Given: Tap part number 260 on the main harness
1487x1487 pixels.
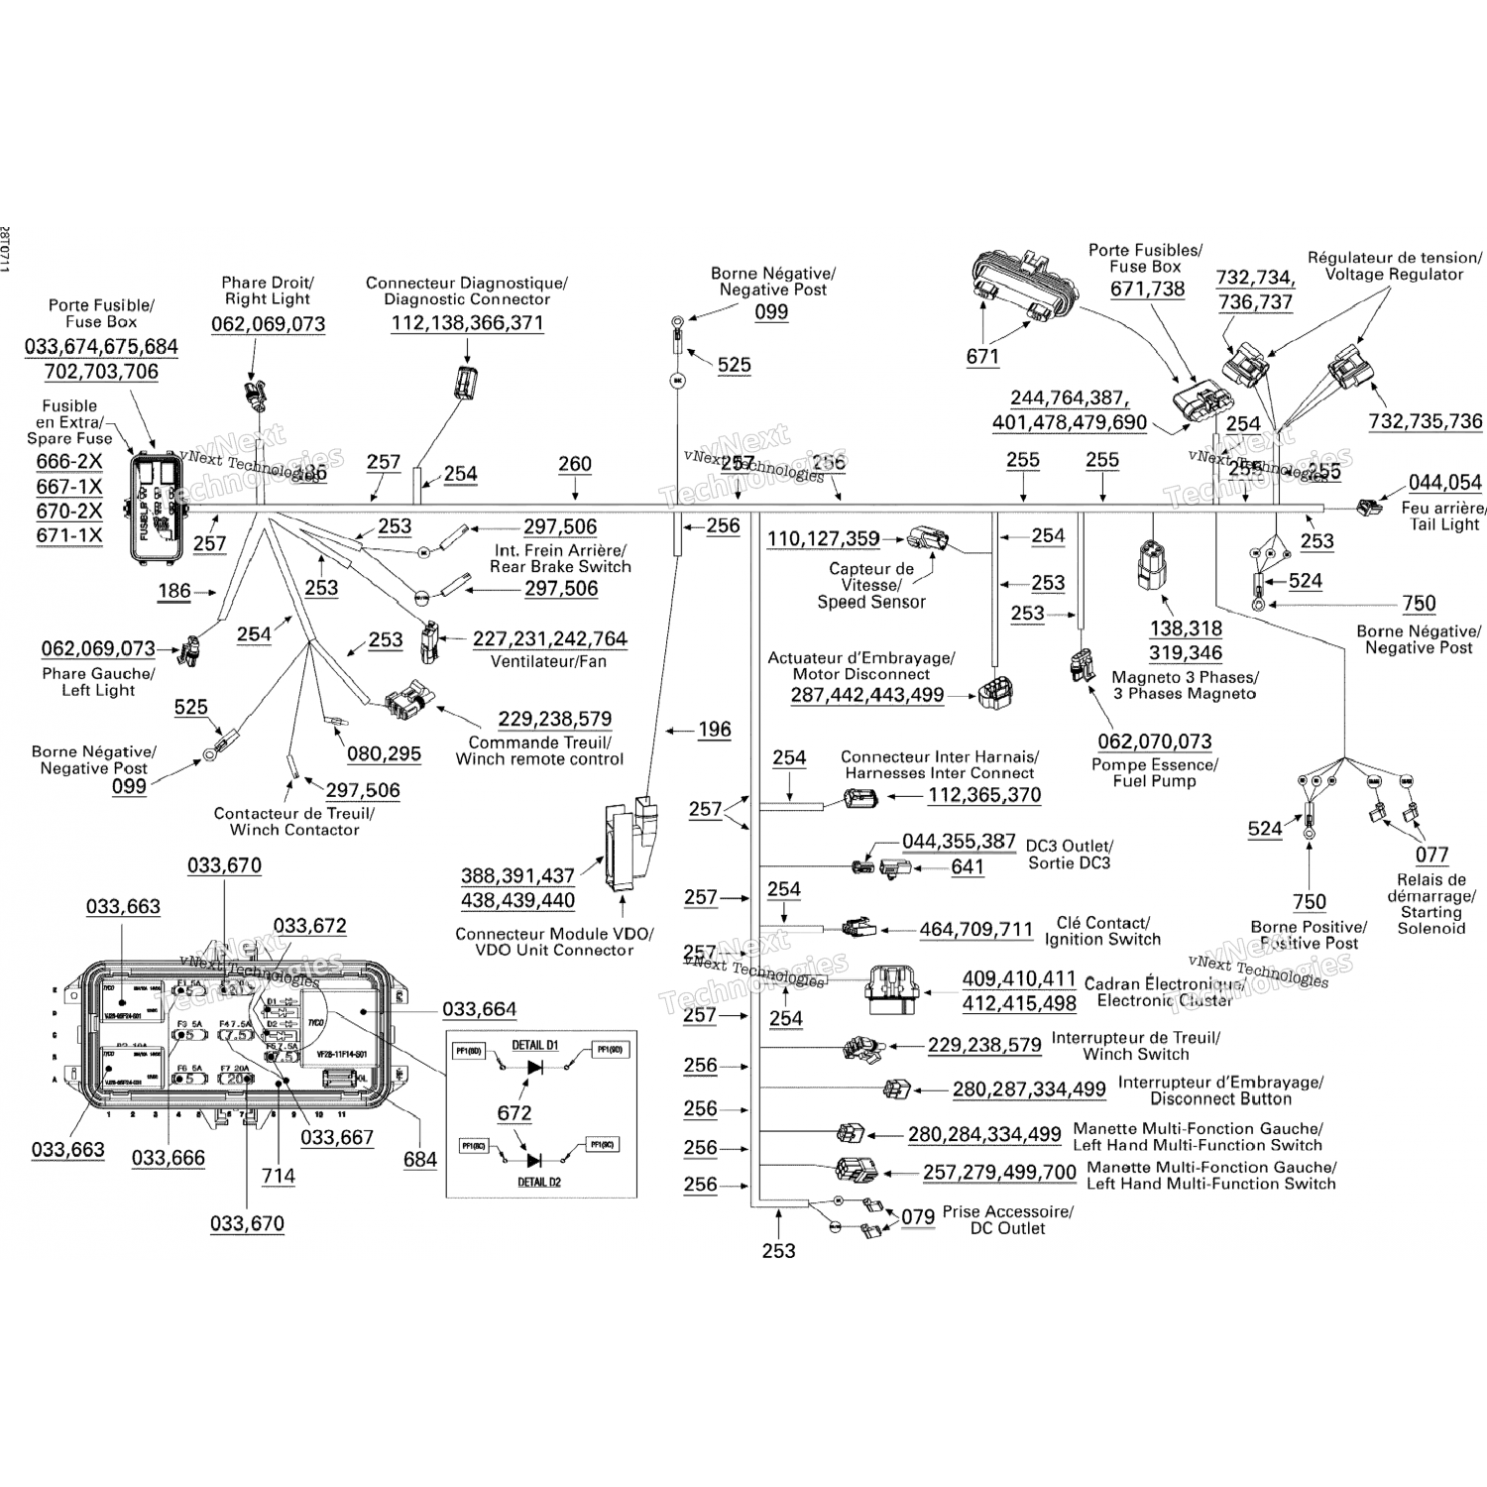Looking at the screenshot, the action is pyautogui.click(x=575, y=464).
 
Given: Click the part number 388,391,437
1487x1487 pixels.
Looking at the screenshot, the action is pyautogui.click(x=517, y=876).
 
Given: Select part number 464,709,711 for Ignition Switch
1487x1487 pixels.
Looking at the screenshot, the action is pyautogui.click(x=976, y=930).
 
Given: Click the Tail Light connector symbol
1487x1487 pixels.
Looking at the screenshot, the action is pyautogui.click(x=1369, y=507).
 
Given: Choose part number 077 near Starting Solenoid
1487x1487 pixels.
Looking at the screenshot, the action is pyautogui.click(x=1431, y=855).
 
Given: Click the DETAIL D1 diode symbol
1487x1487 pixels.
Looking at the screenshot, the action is pyautogui.click(x=535, y=1068).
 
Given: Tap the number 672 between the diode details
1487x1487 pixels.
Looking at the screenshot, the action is pyautogui.click(x=515, y=1113).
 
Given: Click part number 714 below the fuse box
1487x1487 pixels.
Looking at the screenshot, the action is pyautogui.click(x=279, y=1176).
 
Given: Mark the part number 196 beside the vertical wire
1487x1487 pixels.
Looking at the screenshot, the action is pyautogui.click(x=714, y=731).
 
